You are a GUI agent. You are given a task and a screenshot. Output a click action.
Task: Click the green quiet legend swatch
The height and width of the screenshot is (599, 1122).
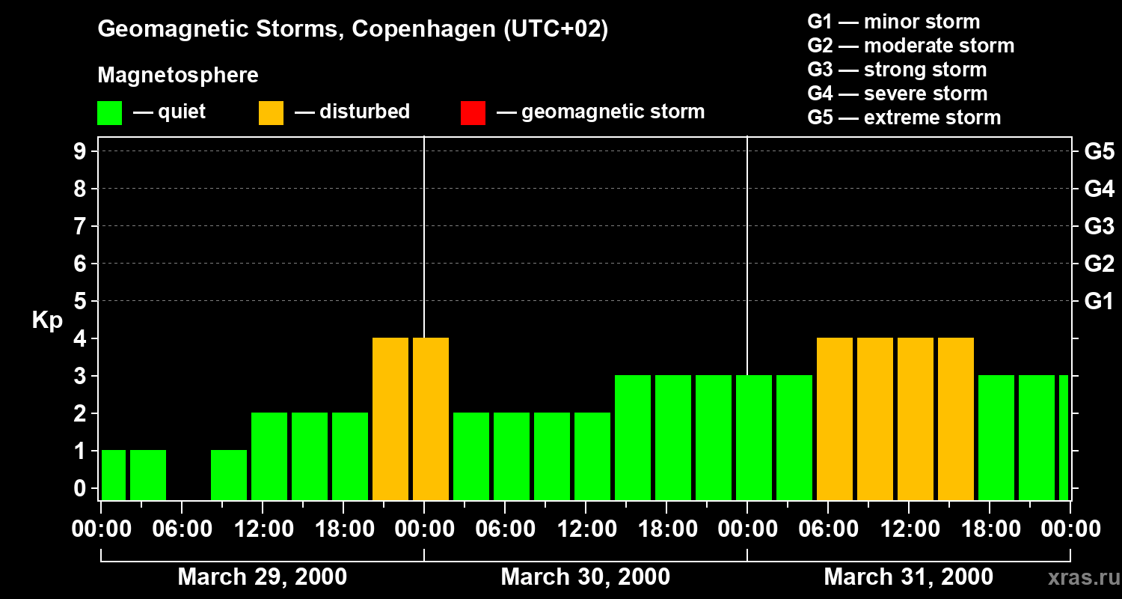click(110, 112)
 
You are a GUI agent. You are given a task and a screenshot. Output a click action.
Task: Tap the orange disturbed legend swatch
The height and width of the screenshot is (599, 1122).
click(271, 112)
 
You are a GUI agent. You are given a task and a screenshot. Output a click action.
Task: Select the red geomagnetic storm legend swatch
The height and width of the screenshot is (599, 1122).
click(473, 112)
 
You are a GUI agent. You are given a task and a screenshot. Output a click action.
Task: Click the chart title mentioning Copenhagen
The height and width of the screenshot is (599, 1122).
click(352, 29)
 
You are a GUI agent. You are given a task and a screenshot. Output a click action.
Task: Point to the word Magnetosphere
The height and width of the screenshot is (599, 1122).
click(178, 76)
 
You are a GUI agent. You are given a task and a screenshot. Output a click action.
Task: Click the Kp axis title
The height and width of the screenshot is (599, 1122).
click(47, 320)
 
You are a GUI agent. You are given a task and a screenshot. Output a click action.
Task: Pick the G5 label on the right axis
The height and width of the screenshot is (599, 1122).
click(1099, 151)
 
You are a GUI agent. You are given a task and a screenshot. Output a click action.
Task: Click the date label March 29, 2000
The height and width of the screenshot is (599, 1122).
click(262, 577)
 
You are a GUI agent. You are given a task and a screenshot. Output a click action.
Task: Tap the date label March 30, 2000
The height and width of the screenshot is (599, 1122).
click(585, 577)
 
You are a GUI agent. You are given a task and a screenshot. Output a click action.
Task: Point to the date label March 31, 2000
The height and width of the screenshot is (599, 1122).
click(908, 577)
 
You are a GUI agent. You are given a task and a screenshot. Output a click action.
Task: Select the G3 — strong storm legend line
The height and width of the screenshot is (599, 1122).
click(897, 70)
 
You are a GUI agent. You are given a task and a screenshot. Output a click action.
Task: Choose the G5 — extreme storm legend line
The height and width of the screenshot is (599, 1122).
click(904, 118)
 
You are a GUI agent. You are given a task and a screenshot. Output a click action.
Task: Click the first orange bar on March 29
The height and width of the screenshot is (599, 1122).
click(390, 419)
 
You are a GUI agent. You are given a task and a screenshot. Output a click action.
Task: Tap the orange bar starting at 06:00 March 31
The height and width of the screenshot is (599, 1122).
click(835, 419)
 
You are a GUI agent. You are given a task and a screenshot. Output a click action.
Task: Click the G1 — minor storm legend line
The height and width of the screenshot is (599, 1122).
click(893, 22)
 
